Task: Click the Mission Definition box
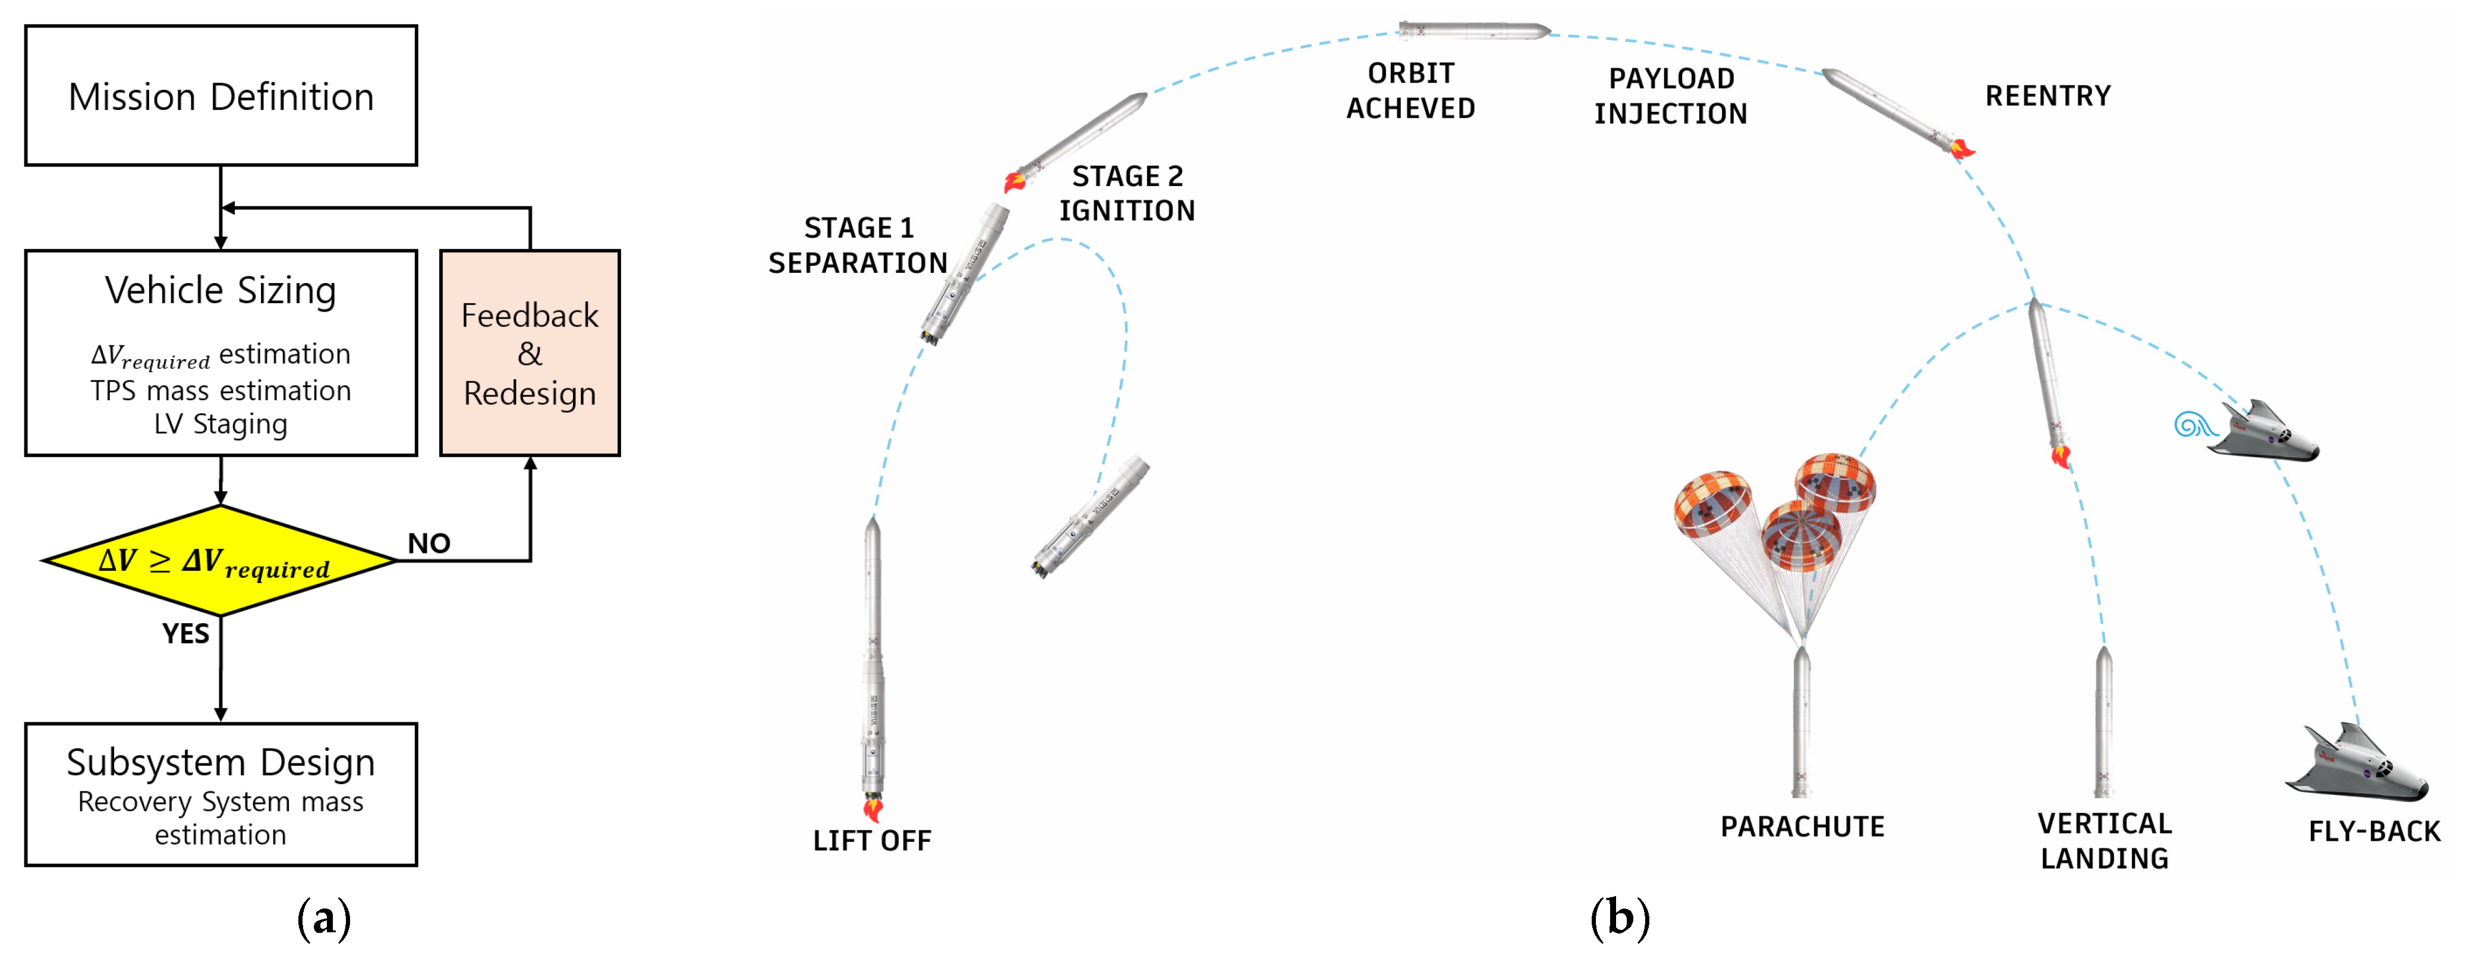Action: pyautogui.click(x=221, y=96)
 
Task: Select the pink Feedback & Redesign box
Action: pyautogui.click(x=530, y=353)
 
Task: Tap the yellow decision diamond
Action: pyautogui.click(x=219, y=561)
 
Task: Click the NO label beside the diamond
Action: pyautogui.click(x=429, y=544)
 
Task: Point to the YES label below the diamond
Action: pyautogui.click(x=185, y=634)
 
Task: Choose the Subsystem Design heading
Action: pyautogui.click(x=221, y=762)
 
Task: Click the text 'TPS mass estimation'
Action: pyautogui.click(x=221, y=391)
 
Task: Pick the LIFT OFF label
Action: pyautogui.click(x=871, y=841)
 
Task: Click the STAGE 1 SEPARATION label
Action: pyautogui.click(x=858, y=245)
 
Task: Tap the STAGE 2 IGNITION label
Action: pyautogui.click(x=1127, y=193)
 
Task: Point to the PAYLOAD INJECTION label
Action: pyautogui.click(x=1671, y=96)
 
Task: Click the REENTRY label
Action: pyautogui.click(x=2048, y=96)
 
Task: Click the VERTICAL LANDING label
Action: pyautogui.click(x=2104, y=841)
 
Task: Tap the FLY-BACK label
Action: pyautogui.click(x=2374, y=831)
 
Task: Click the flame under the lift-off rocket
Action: pyautogui.click(x=872, y=810)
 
